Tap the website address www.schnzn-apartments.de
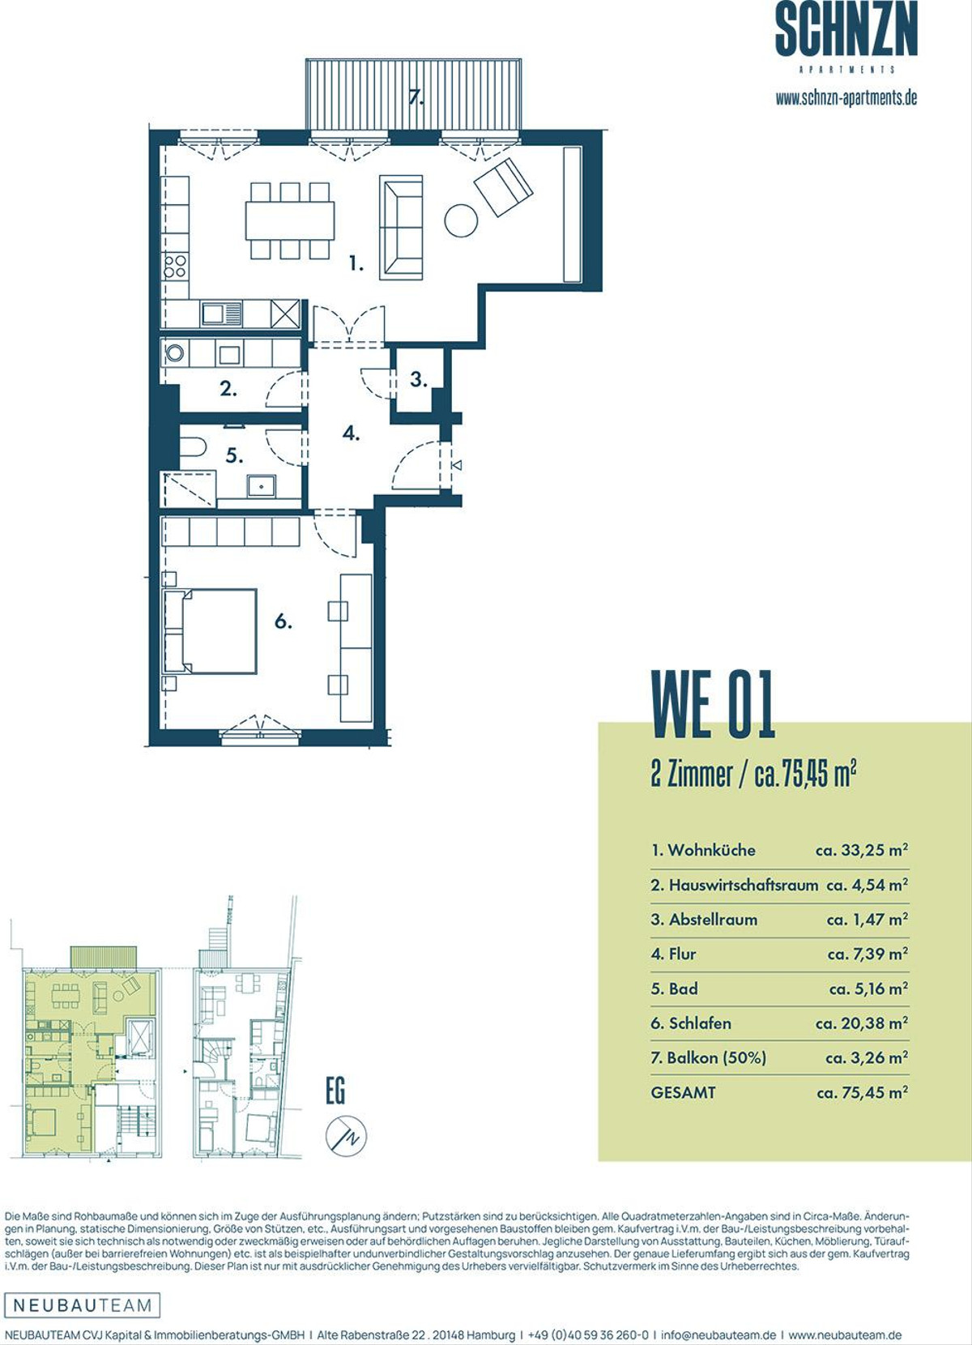tap(846, 98)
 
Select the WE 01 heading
tap(713, 704)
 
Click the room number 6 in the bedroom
tap(283, 622)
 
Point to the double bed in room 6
tap(210, 631)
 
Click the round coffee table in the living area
tap(461, 220)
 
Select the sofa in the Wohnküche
tap(401, 228)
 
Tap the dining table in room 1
tap(290, 220)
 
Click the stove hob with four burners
tap(175, 266)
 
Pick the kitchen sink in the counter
tap(222, 314)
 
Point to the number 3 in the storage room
tap(419, 379)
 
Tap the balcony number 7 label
tap(416, 96)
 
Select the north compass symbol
tap(346, 1136)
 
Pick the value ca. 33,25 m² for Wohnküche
tap(862, 850)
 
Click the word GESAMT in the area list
tap(683, 1092)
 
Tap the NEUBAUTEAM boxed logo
tap(83, 1304)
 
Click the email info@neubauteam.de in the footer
tap(718, 1334)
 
